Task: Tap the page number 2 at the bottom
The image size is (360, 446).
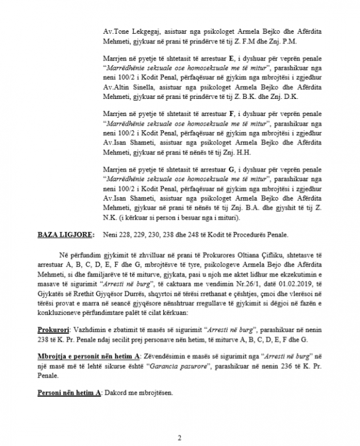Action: [179, 438]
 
